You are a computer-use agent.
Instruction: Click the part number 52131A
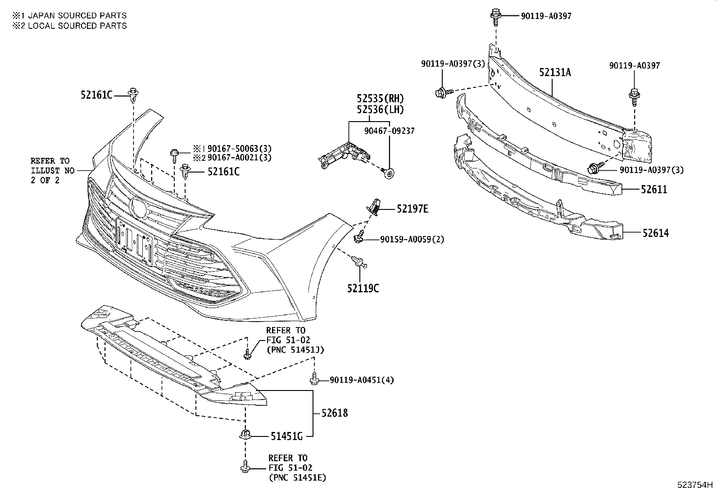(555, 72)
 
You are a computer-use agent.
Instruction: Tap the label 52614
(655, 233)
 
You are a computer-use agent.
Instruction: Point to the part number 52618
(334, 413)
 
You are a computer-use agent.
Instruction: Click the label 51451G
(286, 436)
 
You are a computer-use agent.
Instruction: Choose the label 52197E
(412, 209)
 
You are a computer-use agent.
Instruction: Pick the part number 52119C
(363, 288)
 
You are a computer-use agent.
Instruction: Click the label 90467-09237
(389, 131)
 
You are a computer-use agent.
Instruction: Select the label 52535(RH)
(380, 98)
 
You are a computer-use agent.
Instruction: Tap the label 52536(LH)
(380, 109)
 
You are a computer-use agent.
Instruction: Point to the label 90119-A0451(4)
(361, 380)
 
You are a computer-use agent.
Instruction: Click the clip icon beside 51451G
(245, 435)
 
